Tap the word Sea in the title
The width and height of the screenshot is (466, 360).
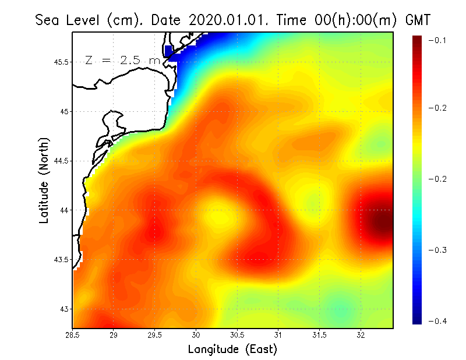pyautogui.click(x=48, y=20)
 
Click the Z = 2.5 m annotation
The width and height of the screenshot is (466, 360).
pyautogui.click(x=122, y=60)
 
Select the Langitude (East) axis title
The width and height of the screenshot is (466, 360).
pyautogui.click(x=232, y=349)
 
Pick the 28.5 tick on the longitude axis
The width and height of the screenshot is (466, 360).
pyautogui.click(x=73, y=335)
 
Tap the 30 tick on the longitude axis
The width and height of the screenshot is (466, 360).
pyautogui.click(x=196, y=335)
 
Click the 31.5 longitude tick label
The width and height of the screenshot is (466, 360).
pyautogui.click(x=319, y=335)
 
